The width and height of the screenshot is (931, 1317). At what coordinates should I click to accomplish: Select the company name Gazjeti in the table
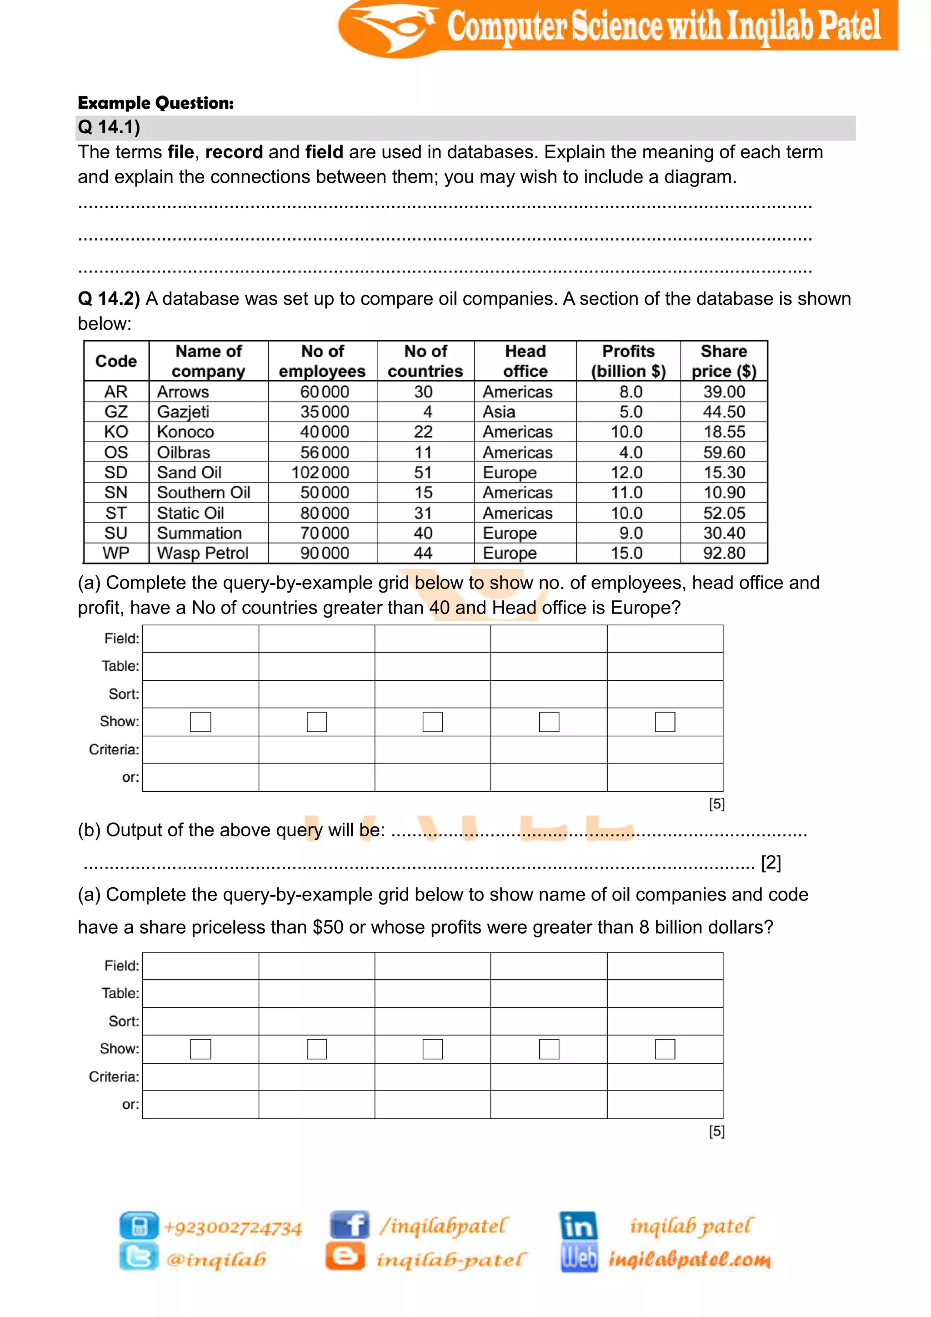tap(183, 412)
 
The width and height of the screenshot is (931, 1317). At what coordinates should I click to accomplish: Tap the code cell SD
tap(116, 473)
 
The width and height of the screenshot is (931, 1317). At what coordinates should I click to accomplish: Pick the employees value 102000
tap(320, 473)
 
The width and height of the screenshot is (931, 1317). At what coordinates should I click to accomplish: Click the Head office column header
tap(525, 361)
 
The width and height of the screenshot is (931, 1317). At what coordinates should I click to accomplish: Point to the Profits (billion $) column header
tap(628, 361)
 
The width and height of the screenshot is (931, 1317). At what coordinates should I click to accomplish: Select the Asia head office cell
tap(499, 412)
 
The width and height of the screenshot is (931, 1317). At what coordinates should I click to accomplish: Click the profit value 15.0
tap(626, 553)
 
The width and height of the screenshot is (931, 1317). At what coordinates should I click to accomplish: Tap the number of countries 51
tap(423, 473)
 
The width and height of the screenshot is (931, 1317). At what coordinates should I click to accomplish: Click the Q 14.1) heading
tap(109, 127)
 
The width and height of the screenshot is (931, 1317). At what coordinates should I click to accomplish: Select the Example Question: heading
tap(156, 103)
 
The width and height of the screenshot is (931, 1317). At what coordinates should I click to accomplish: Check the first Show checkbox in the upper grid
tap(200, 722)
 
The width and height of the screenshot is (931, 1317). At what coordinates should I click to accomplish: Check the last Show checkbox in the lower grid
tap(665, 1049)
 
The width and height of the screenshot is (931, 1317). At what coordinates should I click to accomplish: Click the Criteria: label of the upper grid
tap(114, 750)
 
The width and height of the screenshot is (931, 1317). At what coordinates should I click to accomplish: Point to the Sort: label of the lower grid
tap(124, 1021)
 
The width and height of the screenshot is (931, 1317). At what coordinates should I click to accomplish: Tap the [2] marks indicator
tap(771, 863)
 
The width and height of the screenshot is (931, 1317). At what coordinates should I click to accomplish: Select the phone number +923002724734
tap(233, 1228)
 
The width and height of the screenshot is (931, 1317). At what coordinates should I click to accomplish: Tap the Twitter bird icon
tap(139, 1257)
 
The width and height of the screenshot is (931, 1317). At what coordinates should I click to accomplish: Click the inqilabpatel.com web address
tap(689, 1260)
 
